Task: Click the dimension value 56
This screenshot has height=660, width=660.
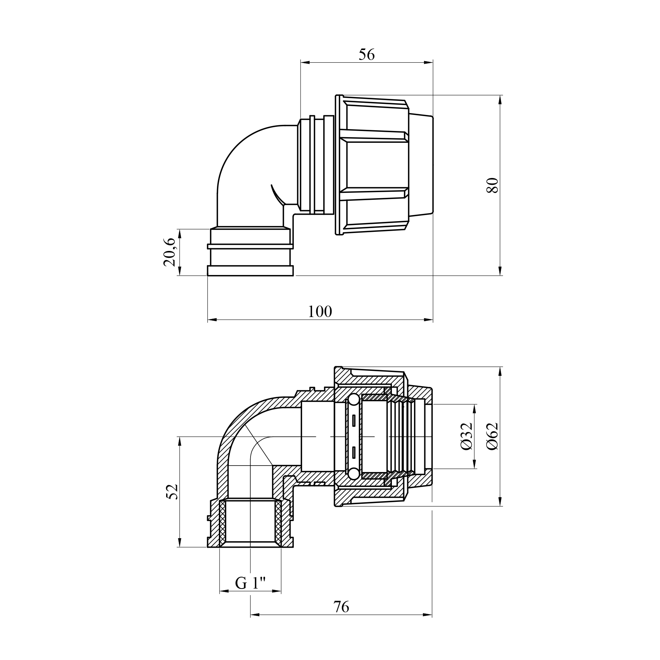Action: coord(366,55)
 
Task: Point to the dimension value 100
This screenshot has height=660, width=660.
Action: coord(320,312)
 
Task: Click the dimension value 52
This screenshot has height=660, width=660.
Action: coord(172,492)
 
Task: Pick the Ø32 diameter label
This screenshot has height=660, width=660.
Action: coord(466,436)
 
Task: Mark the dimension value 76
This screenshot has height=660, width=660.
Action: coord(341,607)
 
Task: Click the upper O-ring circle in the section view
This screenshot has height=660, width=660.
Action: coord(353,400)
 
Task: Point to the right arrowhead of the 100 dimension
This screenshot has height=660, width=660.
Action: coord(428,319)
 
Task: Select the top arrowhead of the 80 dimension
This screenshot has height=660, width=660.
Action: coord(500,100)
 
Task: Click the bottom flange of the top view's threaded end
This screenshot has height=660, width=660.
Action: coord(251,270)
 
